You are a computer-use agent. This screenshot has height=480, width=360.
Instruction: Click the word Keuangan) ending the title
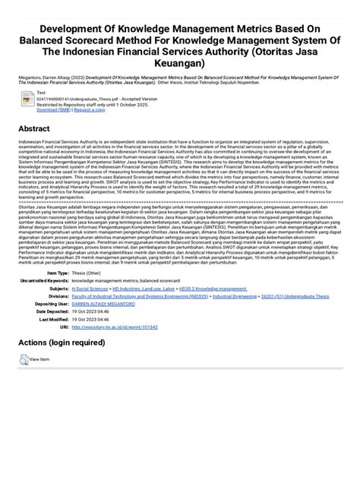(179, 64)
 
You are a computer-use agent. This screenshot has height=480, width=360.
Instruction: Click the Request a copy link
(88, 109)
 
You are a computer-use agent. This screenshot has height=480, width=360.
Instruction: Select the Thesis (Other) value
(89, 273)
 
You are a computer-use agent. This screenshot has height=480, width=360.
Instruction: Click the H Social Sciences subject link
(89, 289)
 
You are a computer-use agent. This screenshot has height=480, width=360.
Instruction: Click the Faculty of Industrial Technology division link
(137, 296)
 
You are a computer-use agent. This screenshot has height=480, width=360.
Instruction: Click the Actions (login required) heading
(62, 343)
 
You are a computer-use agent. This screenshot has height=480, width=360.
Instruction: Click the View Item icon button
(24, 360)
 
